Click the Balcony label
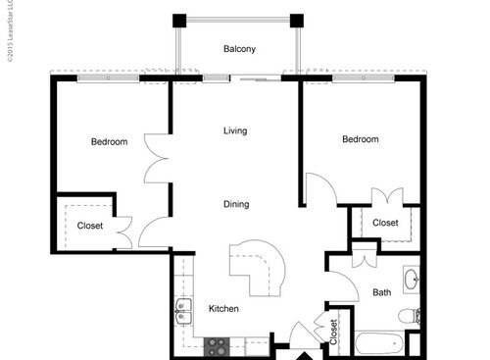240,48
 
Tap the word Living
234,130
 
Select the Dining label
235,204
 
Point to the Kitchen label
223,309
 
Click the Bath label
381,292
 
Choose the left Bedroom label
109,142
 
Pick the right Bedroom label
360,139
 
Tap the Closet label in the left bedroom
90,226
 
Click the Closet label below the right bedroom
385,223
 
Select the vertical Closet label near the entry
333,331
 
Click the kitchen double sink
182,313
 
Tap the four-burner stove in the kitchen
217,344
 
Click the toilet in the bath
411,316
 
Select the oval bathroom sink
414,278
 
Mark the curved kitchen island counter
260,263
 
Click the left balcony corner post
179,20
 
